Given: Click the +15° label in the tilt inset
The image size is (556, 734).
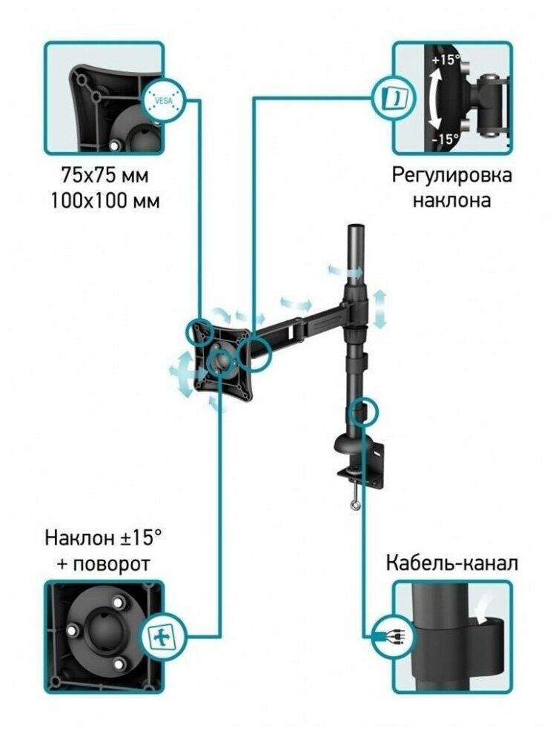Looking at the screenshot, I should click(x=445, y=60).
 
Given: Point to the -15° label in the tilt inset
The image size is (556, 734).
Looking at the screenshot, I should click(x=445, y=138).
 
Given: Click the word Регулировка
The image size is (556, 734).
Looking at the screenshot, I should click(x=451, y=176).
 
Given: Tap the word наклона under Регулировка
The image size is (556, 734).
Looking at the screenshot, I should click(x=451, y=200).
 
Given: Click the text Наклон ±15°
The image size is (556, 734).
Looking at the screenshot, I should click(x=103, y=536).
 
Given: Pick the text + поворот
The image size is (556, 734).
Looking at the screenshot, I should click(x=103, y=563).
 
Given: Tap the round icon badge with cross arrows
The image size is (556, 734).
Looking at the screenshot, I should click(x=162, y=636).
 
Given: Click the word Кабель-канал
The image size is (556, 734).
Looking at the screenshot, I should click(x=451, y=563).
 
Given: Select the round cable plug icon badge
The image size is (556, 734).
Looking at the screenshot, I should click(x=391, y=636).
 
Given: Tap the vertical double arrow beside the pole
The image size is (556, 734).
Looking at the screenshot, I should click(x=380, y=308).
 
